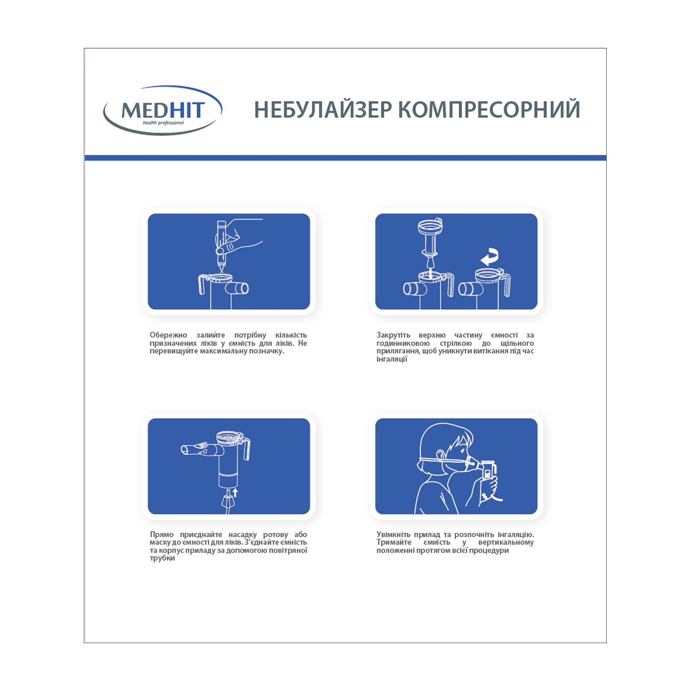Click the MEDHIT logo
[x=163, y=110]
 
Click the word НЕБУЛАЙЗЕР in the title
[x=323, y=110]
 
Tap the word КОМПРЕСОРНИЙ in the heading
[x=489, y=110]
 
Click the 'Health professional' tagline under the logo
[x=163, y=123]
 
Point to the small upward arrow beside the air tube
[x=235, y=492]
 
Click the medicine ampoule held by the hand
[x=221, y=244]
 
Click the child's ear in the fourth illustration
[x=440, y=456]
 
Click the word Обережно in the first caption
[x=168, y=335]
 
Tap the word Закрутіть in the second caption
[x=393, y=335]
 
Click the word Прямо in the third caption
[x=162, y=534]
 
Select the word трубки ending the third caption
[x=162, y=558]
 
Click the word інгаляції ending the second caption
[x=392, y=359]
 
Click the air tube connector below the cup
[x=228, y=502]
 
